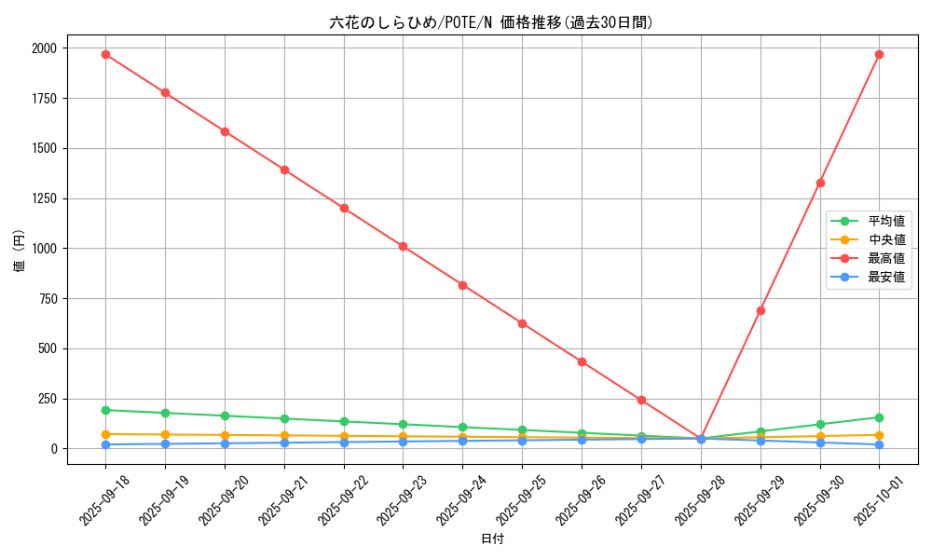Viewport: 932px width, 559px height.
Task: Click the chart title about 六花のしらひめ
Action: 491,22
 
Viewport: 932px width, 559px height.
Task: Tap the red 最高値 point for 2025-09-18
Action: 105,54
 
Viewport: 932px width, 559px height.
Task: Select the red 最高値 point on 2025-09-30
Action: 820,183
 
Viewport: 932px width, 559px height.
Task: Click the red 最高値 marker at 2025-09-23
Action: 403,246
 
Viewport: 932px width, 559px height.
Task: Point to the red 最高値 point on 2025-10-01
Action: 879,54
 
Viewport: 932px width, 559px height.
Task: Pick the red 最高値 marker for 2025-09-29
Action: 761,310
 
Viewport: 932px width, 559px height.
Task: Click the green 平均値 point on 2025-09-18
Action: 105,410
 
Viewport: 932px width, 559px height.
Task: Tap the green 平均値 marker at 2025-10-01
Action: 879,417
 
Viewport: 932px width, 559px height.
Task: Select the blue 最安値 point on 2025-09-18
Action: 105,444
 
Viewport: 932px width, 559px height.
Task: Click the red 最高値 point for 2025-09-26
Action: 582,361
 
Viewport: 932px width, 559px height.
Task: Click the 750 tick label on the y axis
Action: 48,298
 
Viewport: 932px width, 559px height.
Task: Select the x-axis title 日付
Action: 492,539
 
